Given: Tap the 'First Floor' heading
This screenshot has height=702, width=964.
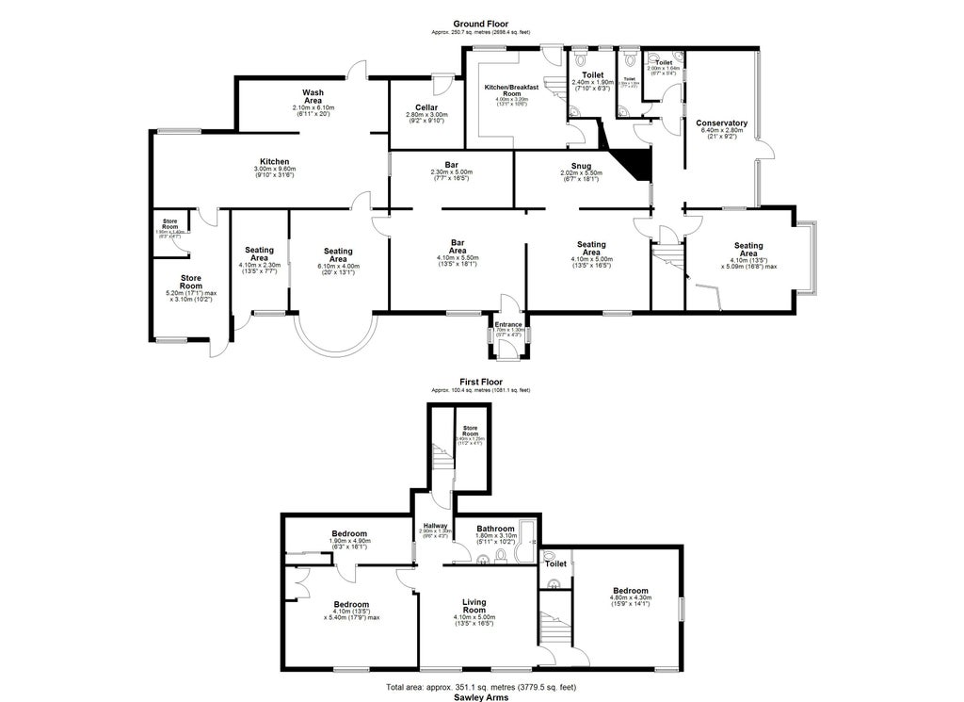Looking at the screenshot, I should click(480, 382).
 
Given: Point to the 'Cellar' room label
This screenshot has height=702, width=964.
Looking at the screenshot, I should click(419, 107).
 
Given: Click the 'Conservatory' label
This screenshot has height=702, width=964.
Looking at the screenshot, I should click(721, 123).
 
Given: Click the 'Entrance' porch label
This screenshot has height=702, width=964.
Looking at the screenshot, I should click(508, 325).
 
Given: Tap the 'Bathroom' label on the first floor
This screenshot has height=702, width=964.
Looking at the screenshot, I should click(495, 529).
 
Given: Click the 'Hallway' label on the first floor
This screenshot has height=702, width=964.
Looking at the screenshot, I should click(434, 526).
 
